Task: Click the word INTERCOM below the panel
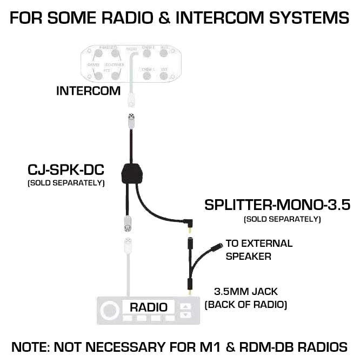[88, 91]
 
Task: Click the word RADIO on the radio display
[148, 307]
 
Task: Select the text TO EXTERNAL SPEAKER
[258, 250]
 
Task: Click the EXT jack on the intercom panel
[164, 75]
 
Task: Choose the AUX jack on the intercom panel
[164, 54]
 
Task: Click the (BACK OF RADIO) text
[245, 305]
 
